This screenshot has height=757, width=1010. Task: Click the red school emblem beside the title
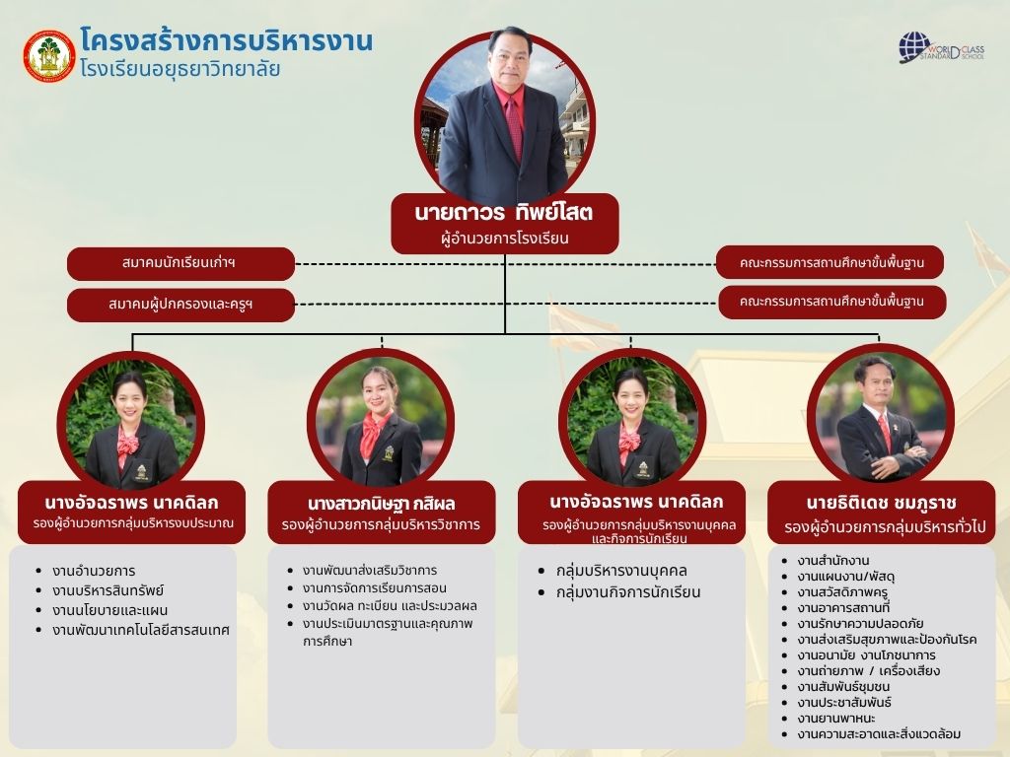click(x=49, y=56)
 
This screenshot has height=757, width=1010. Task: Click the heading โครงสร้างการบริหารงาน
click(x=226, y=39)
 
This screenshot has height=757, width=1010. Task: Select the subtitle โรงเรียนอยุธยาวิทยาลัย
click(x=180, y=68)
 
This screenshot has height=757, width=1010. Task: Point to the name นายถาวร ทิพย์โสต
click(x=504, y=213)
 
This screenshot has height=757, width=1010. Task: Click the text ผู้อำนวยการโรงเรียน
click(x=504, y=239)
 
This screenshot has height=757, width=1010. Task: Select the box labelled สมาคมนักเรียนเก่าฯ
click(x=180, y=263)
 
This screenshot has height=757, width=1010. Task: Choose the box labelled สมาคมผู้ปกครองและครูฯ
click(x=180, y=304)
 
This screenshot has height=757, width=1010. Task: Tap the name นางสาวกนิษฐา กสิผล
click(x=382, y=504)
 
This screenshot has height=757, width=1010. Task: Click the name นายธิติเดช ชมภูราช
click(x=881, y=503)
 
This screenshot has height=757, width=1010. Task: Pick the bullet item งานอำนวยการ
click(x=94, y=571)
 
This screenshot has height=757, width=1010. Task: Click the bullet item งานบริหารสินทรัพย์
click(x=108, y=590)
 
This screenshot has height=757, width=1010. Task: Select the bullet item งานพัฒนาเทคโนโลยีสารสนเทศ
click(x=141, y=630)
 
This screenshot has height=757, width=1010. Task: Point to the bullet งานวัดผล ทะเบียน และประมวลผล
click(x=390, y=606)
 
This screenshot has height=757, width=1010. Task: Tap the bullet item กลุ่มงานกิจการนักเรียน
click(x=628, y=591)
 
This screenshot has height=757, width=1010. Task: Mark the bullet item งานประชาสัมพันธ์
click(x=844, y=702)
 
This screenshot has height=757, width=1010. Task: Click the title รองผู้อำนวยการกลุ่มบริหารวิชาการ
click(x=381, y=524)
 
